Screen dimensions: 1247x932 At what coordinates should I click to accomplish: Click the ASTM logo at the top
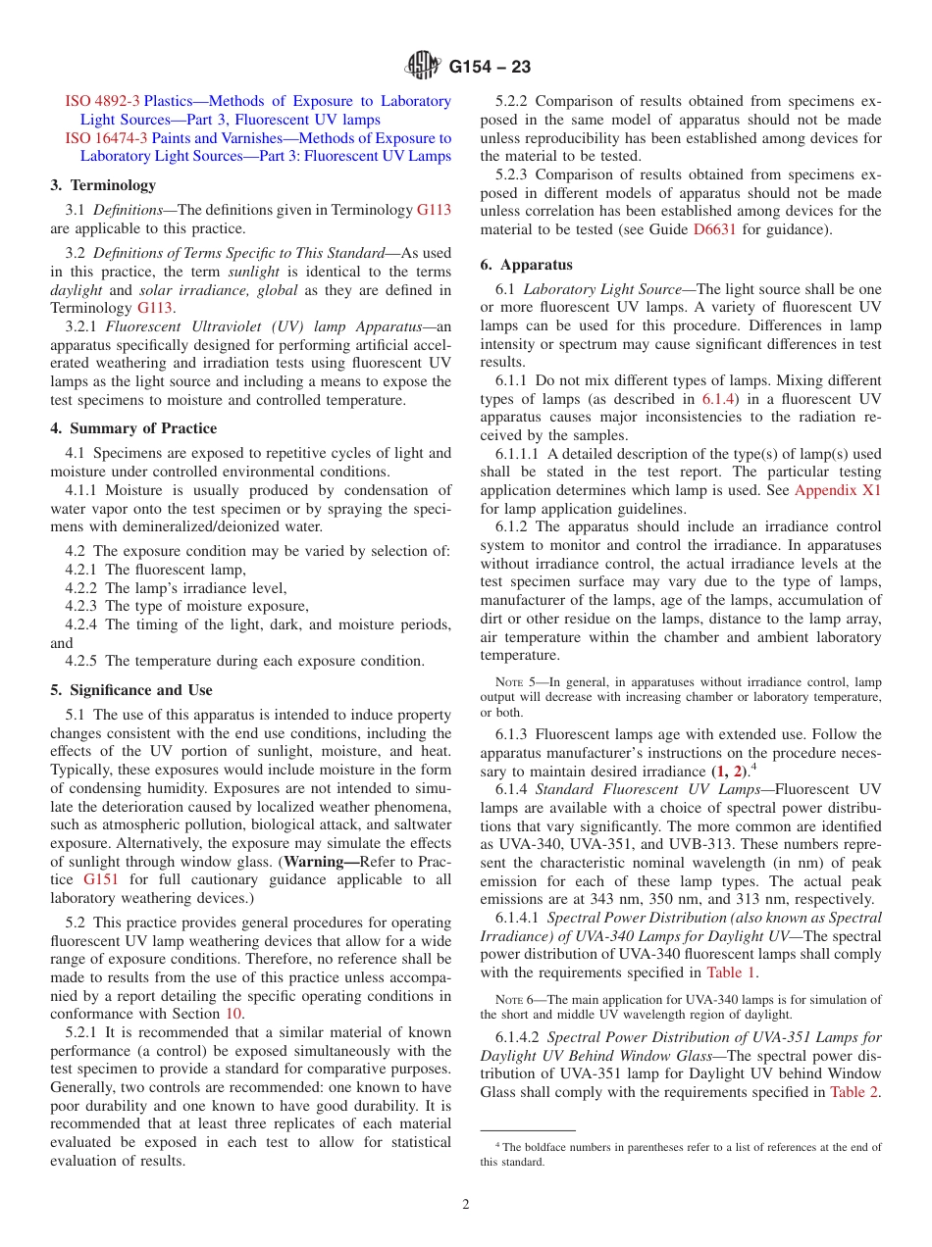click(x=423, y=67)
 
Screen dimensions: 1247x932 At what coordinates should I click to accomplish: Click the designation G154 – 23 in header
click(x=490, y=68)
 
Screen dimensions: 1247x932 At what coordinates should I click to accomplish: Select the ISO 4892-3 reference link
click(x=103, y=101)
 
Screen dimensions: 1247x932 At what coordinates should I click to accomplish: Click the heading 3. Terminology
click(x=103, y=185)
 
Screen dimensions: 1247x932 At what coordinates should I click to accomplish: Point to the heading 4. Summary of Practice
click(x=133, y=428)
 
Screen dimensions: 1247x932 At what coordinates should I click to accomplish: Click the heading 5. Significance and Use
click(x=131, y=690)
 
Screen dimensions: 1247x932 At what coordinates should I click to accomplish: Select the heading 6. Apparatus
click(x=526, y=265)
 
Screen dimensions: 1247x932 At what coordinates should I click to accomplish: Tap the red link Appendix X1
click(x=837, y=490)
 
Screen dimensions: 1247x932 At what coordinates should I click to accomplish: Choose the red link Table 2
click(x=854, y=1092)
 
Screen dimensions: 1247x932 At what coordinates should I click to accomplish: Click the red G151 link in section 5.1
click(x=101, y=879)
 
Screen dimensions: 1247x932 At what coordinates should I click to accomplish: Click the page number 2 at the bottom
click(x=466, y=1205)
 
